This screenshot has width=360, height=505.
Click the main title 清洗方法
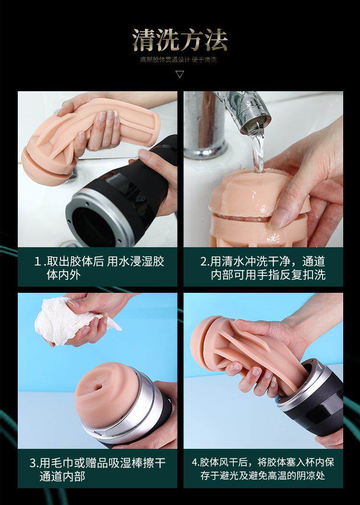point(180,40)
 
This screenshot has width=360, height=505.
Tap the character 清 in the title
point(144,40)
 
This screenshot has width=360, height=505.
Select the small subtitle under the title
point(179,60)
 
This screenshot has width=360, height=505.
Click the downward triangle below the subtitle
point(180,74)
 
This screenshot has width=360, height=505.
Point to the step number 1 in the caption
point(37,261)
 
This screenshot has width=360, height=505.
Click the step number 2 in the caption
point(204,261)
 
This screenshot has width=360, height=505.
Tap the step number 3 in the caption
point(33,463)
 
